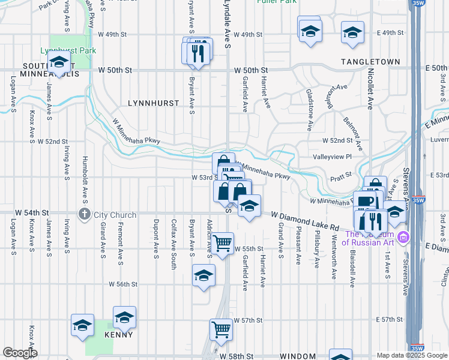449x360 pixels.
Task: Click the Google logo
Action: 20,353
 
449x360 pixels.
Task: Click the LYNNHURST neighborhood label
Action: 154,103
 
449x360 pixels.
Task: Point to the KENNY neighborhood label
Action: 119,334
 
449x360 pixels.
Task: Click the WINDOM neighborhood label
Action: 298,356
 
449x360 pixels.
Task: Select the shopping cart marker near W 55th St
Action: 223,243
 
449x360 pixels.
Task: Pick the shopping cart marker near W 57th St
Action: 220,329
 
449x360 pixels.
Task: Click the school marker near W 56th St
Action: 203,275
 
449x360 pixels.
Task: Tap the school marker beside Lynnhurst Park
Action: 59,63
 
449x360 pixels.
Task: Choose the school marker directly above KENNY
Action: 124,317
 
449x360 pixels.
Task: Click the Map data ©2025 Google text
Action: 411,355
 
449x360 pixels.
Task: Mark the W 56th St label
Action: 124,284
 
